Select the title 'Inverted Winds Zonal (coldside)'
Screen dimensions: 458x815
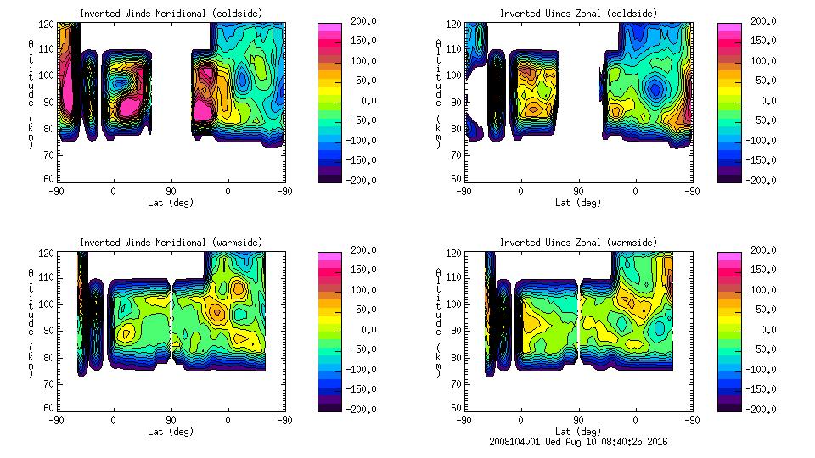click(577, 14)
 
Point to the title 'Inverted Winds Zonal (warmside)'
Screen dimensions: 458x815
click(577, 243)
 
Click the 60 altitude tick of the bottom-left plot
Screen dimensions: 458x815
click(49, 408)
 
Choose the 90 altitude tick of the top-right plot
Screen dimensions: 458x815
click(457, 102)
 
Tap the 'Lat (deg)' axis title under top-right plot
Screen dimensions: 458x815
click(577, 203)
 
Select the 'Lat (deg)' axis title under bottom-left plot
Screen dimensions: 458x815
click(170, 432)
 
